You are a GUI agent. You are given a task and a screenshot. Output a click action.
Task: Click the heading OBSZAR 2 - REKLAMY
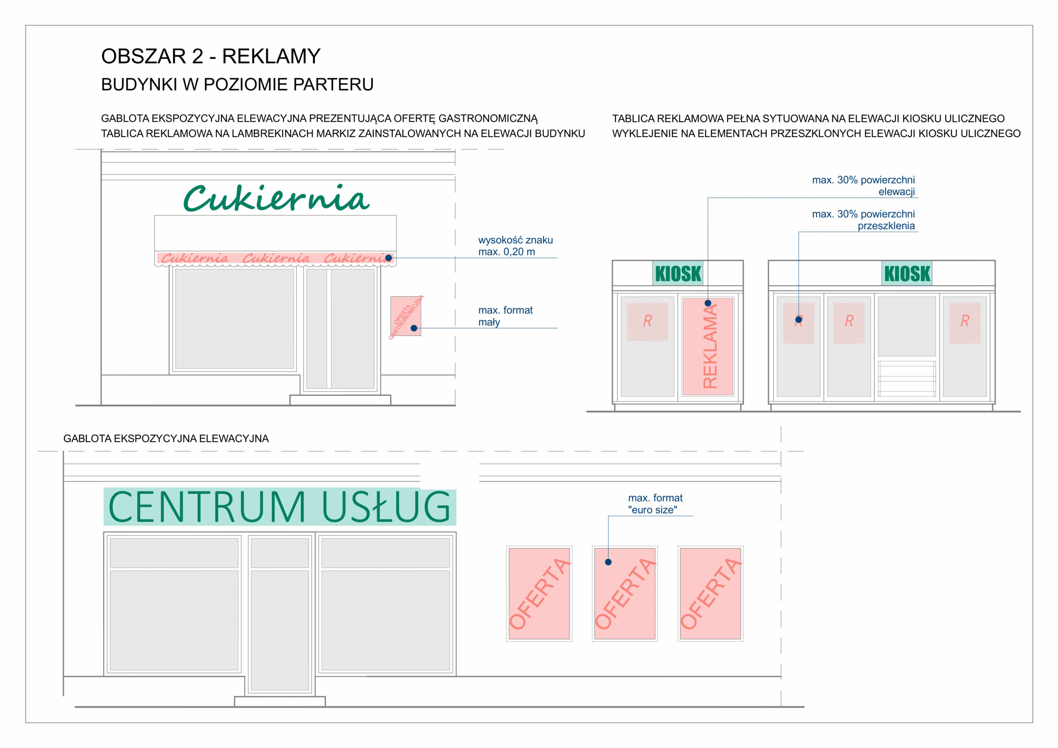click(211, 56)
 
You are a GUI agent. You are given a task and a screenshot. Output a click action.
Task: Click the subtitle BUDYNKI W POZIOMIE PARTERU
click(237, 84)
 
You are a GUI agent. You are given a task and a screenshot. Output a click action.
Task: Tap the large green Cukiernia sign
click(276, 198)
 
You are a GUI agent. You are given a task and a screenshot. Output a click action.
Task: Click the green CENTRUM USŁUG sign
click(280, 507)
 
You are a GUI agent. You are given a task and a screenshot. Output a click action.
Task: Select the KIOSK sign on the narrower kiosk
click(678, 273)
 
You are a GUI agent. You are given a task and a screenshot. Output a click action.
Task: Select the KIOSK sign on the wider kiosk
click(907, 273)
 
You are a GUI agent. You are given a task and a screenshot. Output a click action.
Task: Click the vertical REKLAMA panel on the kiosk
click(708, 346)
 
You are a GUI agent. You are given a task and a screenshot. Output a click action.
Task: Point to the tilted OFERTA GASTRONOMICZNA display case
click(405, 316)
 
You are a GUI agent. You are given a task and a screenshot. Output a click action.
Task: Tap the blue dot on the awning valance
click(388, 258)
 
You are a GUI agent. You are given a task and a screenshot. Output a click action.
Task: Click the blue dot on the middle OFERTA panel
click(608, 562)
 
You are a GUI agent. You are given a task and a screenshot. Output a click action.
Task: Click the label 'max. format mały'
click(505, 316)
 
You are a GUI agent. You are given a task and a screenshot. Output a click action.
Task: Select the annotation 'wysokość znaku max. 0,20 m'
click(515, 245)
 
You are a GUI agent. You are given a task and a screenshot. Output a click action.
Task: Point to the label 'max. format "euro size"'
click(655, 504)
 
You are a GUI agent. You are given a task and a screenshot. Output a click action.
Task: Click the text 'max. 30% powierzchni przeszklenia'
click(863, 220)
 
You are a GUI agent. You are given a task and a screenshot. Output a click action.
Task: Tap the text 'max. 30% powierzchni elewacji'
click(863, 186)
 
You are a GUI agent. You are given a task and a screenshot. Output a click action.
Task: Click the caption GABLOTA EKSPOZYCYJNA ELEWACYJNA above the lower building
click(166, 438)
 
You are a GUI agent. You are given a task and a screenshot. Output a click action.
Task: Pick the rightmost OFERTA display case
click(710, 593)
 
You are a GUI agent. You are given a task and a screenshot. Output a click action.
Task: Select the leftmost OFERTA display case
click(539, 593)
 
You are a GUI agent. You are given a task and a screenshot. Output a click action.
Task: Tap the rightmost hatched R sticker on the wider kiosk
click(965, 323)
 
